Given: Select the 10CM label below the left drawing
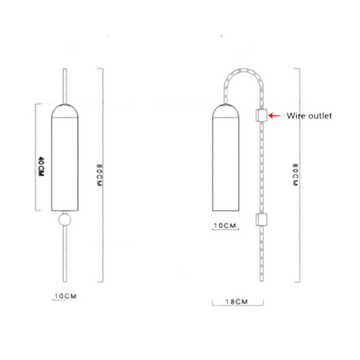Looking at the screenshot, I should pyautogui.click(x=65, y=295).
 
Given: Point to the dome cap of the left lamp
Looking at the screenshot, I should pyautogui.click(x=63, y=110).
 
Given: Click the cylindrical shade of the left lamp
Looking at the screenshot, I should pyautogui.click(x=63, y=164).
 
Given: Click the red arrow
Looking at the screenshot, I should pyautogui.click(x=274, y=114).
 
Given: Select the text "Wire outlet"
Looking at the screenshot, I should pyautogui.click(x=309, y=114).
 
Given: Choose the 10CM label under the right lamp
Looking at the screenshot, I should pyautogui.click(x=224, y=225).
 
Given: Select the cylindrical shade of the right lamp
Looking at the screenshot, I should pyautogui.click(x=223, y=164).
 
